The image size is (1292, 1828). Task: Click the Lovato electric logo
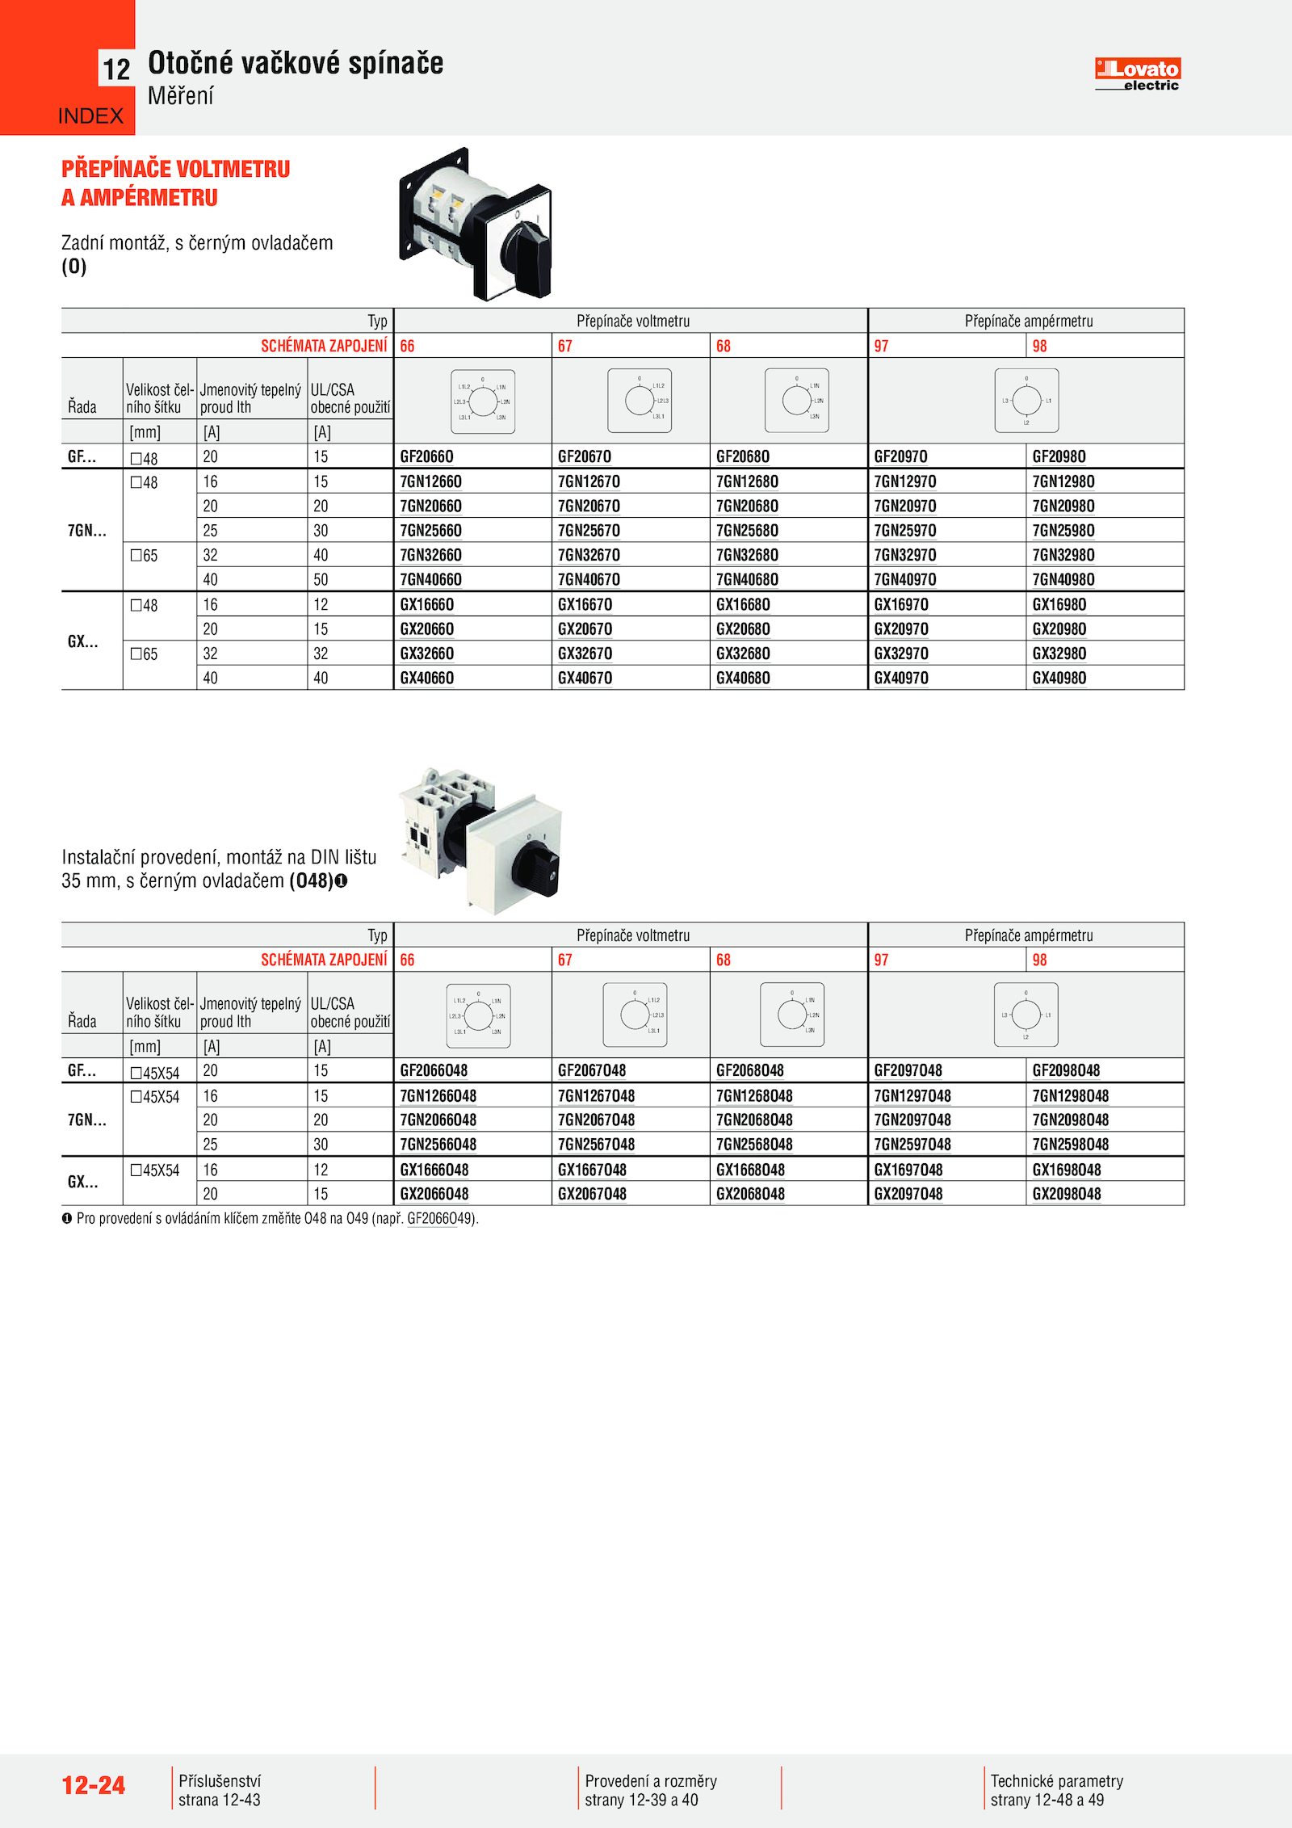1137,74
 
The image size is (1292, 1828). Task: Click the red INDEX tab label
90,116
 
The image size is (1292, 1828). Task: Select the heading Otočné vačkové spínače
296,63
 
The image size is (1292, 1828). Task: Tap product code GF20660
426,456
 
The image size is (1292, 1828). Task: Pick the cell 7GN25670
589,531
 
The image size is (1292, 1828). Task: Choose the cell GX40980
1059,679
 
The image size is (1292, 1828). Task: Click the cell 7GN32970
904,555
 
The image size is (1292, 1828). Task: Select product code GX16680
743,604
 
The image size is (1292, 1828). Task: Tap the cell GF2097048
908,1070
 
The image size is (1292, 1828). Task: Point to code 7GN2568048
754,1145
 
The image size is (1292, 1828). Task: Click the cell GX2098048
1066,1194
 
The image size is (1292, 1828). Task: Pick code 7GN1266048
438,1096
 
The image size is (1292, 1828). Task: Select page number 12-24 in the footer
94,1786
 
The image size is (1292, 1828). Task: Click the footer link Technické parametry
1056,1781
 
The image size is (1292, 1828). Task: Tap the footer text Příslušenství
220,1781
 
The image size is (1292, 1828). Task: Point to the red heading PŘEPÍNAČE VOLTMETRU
176,169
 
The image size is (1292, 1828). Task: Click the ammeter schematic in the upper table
1026,401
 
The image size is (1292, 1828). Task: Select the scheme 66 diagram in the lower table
478,1015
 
